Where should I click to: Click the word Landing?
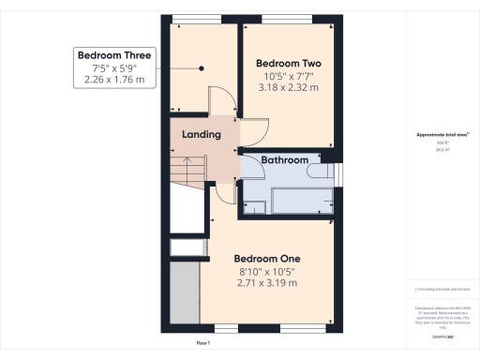click(x=202, y=134)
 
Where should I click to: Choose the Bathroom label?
click(x=284, y=160)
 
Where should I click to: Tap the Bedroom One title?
click(x=266, y=258)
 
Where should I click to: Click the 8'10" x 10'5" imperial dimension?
click(x=266, y=273)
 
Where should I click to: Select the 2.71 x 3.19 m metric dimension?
click(x=266, y=283)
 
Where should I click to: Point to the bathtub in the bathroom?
click(x=300, y=199)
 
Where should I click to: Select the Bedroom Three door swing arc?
click(x=217, y=101)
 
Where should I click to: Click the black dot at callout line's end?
click(x=202, y=67)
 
